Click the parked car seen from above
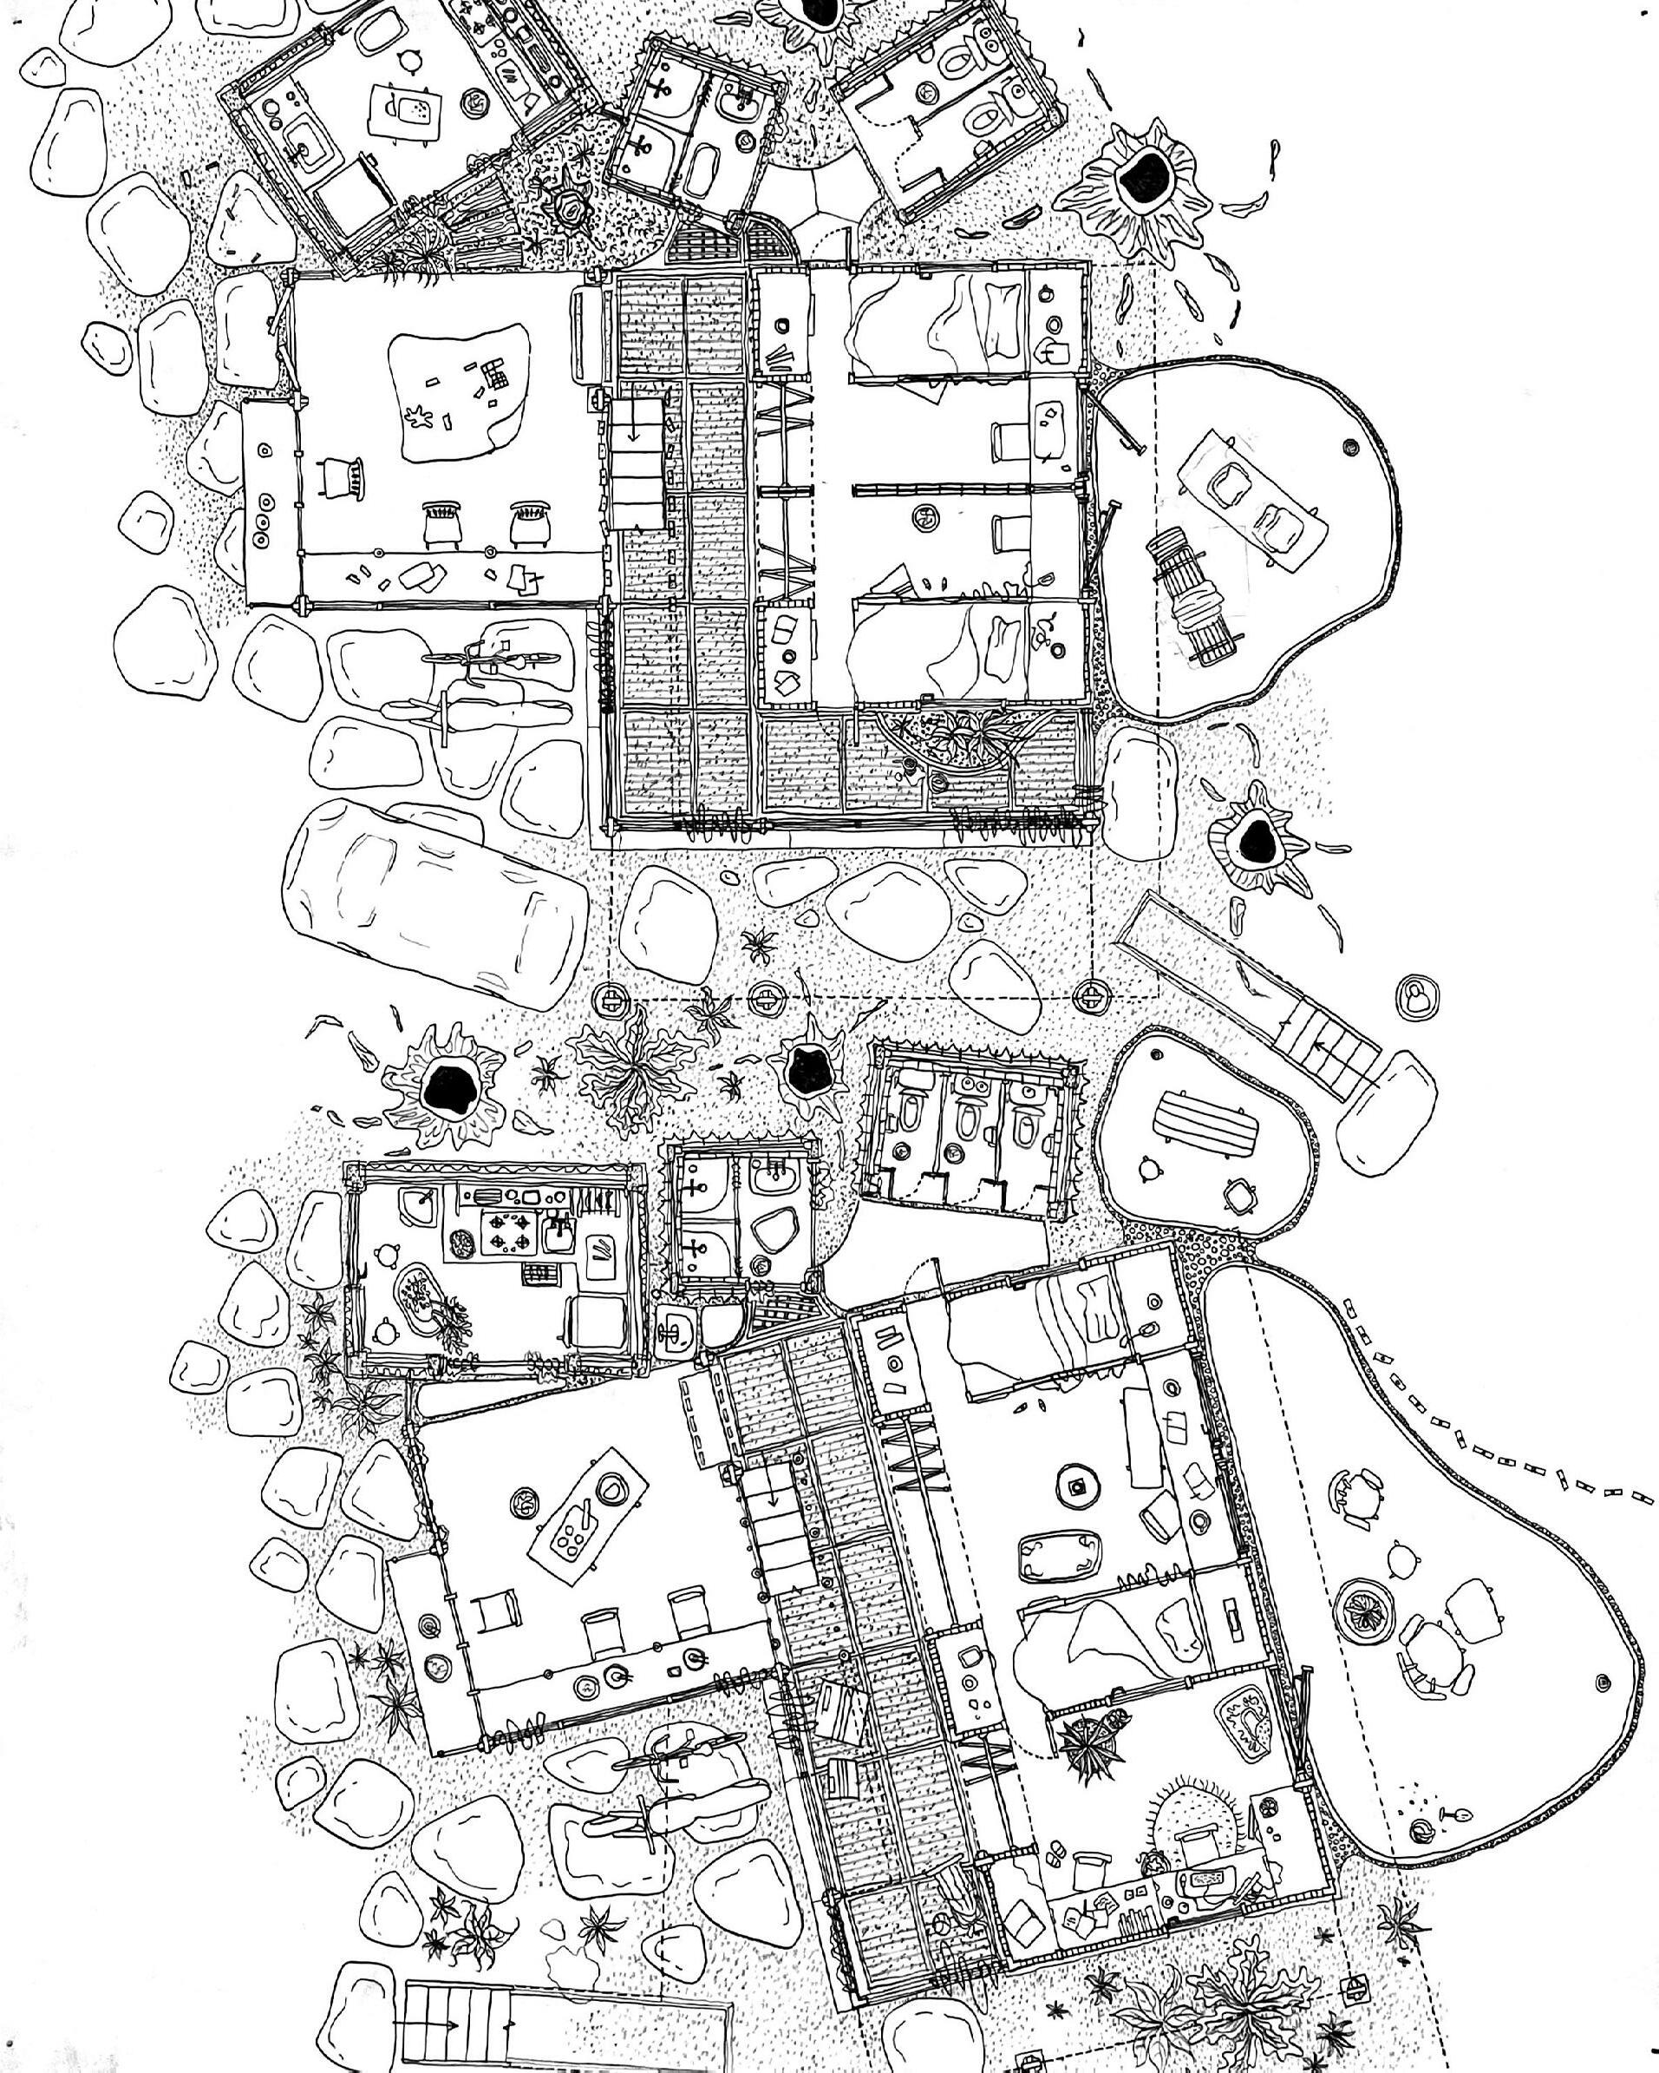click(434, 905)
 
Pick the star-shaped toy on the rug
click(419, 417)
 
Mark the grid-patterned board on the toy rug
click(495, 372)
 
